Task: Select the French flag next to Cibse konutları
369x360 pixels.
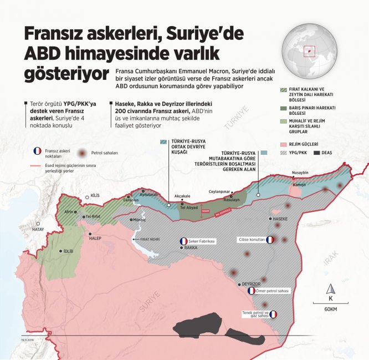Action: point(269,240)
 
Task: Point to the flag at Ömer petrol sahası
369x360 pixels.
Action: point(252,291)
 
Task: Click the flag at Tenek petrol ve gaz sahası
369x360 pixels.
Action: point(273,314)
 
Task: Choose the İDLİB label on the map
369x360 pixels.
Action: point(68,251)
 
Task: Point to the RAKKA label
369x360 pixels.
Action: point(191,248)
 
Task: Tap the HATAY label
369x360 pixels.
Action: point(38,229)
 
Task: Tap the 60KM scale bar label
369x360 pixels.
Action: point(331,308)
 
